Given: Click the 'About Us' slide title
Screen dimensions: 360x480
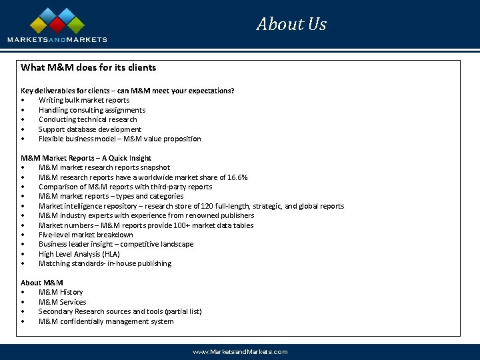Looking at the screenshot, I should [291, 25].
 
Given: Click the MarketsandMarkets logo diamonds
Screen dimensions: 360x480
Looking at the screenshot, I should [57, 21].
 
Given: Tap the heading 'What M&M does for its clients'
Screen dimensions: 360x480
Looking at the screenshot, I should [89, 67].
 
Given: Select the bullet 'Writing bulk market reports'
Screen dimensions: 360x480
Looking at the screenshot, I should [84, 100].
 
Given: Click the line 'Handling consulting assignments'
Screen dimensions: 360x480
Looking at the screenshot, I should [92, 110].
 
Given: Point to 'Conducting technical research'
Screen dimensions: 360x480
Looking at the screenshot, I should [88, 119].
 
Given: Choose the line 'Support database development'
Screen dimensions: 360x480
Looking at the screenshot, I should [90, 129].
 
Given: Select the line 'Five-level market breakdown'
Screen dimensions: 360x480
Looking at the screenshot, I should [86, 235].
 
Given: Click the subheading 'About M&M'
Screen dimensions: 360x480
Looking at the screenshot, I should [42, 283].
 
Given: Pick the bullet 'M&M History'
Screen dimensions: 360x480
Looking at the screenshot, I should [61, 292].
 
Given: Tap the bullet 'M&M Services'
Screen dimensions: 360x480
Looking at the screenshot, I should [63, 302].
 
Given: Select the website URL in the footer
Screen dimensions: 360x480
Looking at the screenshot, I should [240, 351].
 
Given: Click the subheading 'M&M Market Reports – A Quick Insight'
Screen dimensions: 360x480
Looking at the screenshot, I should [87, 158].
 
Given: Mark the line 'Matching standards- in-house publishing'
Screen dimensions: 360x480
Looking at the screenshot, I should [105, 263].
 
